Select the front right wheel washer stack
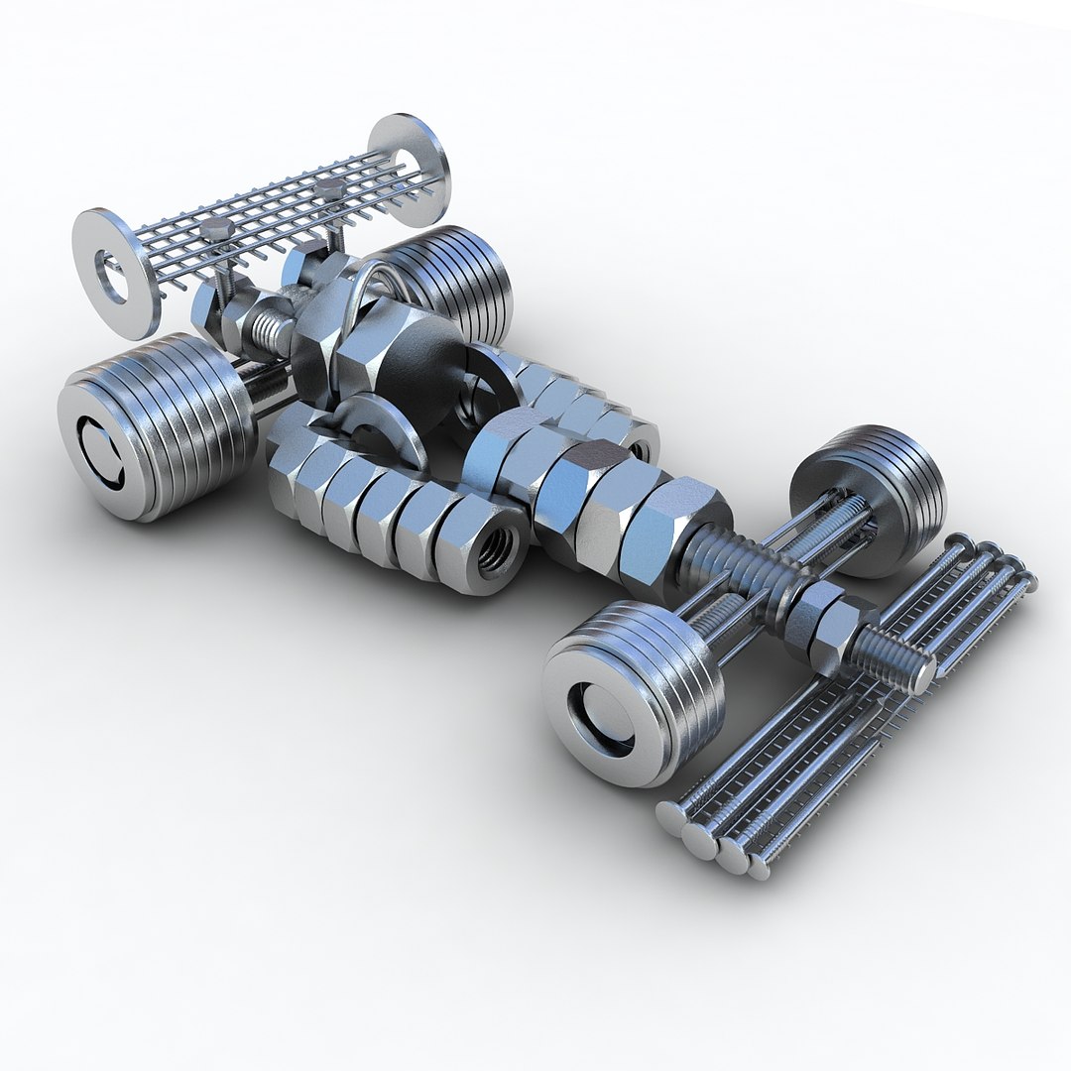(x=873, y=496)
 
